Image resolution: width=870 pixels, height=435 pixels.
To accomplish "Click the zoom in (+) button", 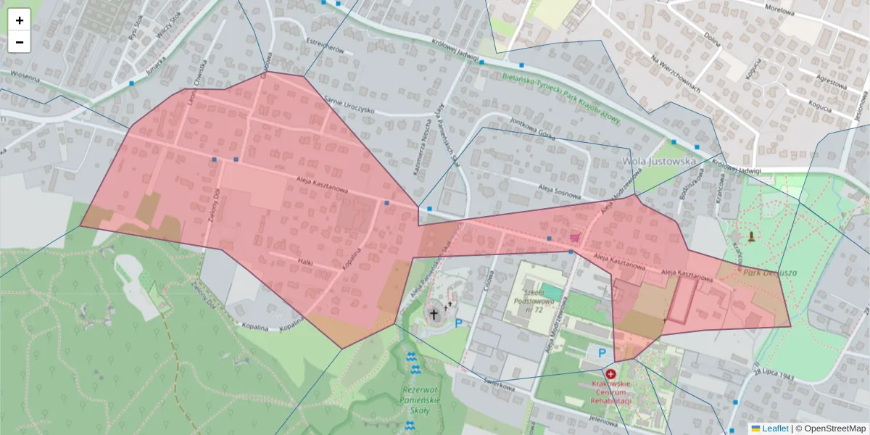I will pyautogui.click(x=20, y=20).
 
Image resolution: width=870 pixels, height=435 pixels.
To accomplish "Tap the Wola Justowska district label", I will pyautogui.click(x=659, y=161).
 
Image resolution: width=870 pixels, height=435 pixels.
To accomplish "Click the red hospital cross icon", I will pyautogui.click(x=610, y=373).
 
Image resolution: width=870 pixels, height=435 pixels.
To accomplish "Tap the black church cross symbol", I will pyautogui.click(x=434, y=314).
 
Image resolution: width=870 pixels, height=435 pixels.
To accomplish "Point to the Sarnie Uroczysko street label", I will pyautogui.click(x=349, y=105).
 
